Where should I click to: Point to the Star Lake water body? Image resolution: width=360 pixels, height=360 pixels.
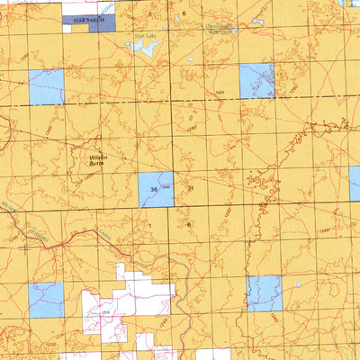147,49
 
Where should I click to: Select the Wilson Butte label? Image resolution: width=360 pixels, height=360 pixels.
98,160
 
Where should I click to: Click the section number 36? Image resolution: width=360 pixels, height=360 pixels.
155,189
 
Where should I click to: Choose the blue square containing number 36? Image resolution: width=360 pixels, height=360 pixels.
156,189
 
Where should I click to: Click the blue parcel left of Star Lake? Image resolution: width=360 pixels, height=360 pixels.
46,87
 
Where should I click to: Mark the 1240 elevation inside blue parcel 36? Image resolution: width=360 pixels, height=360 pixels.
166,186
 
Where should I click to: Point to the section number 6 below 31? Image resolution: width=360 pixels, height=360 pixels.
190,223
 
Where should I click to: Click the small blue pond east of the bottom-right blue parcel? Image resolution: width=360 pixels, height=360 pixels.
298,285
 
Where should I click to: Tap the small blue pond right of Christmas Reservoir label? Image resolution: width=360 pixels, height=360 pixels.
258,22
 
